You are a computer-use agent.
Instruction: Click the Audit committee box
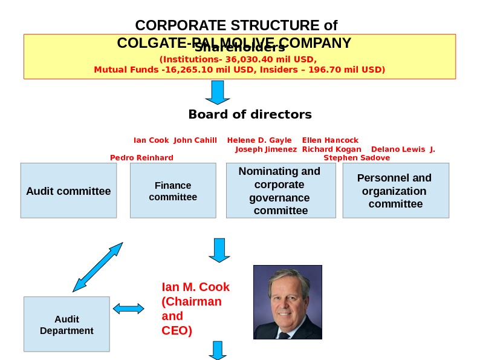coord(68,191)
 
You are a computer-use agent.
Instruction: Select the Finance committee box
coord(173,191)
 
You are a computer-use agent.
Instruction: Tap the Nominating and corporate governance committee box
coord(281,191)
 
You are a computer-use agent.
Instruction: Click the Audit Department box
coord(66,324)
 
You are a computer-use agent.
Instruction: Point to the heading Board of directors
coord(250,114)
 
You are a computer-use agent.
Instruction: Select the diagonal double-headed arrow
coord(97,267)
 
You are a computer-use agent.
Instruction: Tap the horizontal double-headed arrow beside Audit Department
coord(128,309)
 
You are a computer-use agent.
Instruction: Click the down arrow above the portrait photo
coord(219,249)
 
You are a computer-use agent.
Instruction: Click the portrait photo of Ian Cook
coord(287,301)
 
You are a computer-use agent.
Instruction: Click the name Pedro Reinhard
coord(141,158)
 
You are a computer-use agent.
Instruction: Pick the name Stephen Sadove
coord(357,158)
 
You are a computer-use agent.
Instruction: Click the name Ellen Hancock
coord(330,140)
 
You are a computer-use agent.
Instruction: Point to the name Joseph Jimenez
coord(266,149)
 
